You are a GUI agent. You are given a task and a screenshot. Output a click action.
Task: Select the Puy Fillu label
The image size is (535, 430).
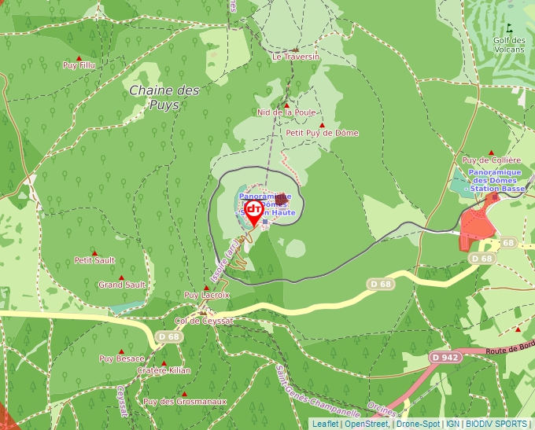pyautogui.click(x=79, y=65)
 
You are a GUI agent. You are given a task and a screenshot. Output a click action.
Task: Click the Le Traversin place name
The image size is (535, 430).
pyautogui.click(x=296, y=57)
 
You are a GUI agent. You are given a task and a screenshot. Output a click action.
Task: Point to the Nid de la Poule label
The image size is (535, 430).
pyautogui.click(x=286, y=112)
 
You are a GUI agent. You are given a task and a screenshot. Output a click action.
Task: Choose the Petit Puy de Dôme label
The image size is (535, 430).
pyautogui.click(x=322, y=133)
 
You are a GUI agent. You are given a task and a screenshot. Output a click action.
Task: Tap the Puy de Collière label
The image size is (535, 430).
pyautogui.click(x=492, y=160)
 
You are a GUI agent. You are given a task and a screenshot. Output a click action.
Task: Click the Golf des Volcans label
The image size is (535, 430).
pyautogui.click(x=509, y=45)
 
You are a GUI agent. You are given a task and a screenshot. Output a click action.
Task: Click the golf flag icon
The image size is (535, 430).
pyautogui.click(x=519, y=28)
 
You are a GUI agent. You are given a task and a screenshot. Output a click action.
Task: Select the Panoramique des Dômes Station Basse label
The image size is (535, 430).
pyautogui.click(x=496, y=181)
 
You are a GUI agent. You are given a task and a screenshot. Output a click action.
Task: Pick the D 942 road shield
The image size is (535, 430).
pyautogui.click(x=445, y=357)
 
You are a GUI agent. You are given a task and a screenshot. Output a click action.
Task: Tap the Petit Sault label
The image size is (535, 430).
pyautogui.click(x=94, y=260)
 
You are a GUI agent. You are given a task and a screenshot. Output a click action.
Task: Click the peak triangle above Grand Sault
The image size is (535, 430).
pyautogui.click(x=121, y=277)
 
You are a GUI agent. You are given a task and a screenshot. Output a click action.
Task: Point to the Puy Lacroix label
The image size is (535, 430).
pyautogui.click(x=206, y=295)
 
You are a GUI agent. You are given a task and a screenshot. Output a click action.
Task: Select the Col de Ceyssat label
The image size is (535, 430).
pyautogui.click(x=205, y=321)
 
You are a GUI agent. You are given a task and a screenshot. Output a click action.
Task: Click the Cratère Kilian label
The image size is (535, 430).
pyautogui.click(x=164, y=370)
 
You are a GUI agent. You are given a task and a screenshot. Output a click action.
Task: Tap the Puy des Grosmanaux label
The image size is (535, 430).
pyautogui.click(x=185, y=402)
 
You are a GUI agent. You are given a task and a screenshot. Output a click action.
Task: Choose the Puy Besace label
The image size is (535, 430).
pyautogui.click(x=121, y=358)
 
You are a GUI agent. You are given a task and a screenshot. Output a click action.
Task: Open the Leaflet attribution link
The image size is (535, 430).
pyautogui.click(x=325, y=424)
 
